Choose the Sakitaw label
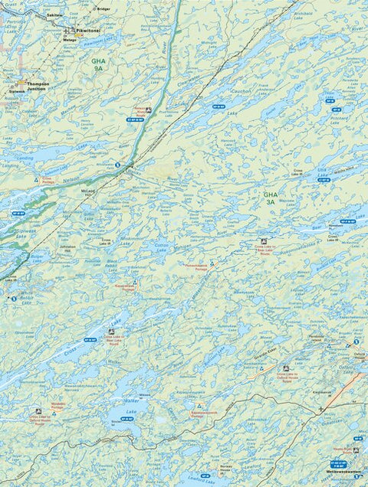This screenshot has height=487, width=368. coord(53,15)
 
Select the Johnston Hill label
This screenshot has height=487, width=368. coord(65,249)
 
